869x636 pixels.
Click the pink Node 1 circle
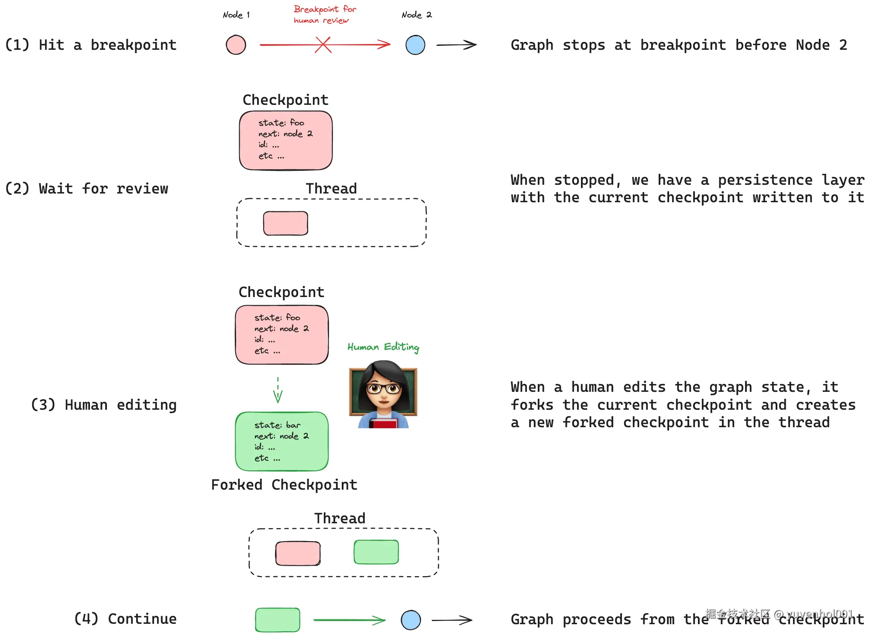[x=236, y=45]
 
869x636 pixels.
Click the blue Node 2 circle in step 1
[x=415, y=45]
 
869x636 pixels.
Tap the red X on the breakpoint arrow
[x=323, y=45]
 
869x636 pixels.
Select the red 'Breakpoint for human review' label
[x=325, y=14]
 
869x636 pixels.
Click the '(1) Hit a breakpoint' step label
[x=91, y=45]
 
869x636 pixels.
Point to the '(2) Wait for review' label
[x=86, y=189]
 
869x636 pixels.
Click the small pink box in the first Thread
[x=285, y=223]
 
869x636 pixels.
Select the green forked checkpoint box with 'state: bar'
[x=282, y=441]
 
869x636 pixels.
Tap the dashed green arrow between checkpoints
[x=278, y=390]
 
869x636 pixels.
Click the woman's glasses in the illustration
[x=383, y=388]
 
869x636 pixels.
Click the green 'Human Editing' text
[x=383, y=347]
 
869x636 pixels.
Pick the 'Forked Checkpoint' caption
[x=284, y=485]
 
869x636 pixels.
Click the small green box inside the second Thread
[x=376, y=552]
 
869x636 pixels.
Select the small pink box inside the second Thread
[x=298, y=553]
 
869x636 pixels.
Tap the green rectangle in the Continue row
[x=278, y=619]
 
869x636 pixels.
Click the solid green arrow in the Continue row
[x=349, y=620]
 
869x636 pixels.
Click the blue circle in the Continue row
[x=411, y=620]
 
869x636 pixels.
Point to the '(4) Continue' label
[x=125, y=619]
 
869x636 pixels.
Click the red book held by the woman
[x=384, y=423]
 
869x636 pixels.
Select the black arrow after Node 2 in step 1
[x=456, y=45]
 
